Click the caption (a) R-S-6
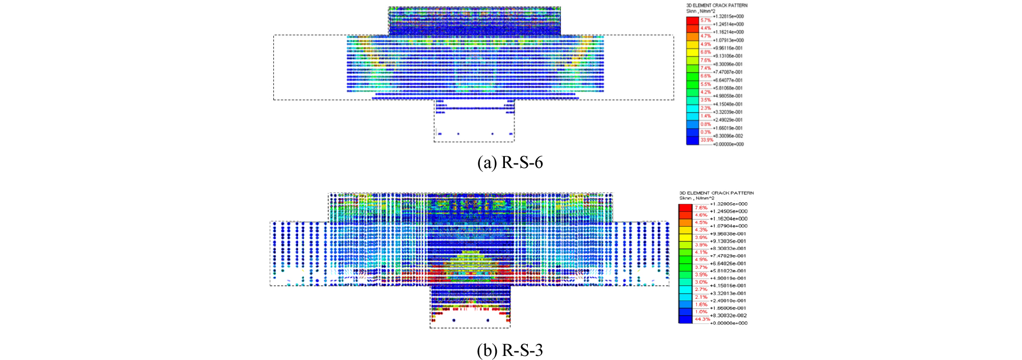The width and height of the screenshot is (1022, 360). tap(510, 163)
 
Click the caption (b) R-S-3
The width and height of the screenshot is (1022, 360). tap(510, 350)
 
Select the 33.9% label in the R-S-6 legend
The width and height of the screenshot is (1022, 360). tap(706, 140)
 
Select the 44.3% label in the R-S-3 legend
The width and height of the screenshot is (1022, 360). tap(702, 319)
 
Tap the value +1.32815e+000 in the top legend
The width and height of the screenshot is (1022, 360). tap(728, 16)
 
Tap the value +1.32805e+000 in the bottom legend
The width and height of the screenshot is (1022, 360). tap(729, 204)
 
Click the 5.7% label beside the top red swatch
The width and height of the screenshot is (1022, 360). tap(705, 20)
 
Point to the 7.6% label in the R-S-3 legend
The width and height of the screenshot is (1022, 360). tap(701, 208)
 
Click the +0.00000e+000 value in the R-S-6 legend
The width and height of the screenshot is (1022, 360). tap(728, 144)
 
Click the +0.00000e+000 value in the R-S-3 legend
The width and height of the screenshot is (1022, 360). tap(729, 323)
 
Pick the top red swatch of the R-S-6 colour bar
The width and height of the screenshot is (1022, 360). tap(692, 20)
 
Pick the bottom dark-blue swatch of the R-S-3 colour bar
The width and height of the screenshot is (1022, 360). tap(685, 319)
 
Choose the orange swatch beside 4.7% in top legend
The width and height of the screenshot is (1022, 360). tap(692, 37)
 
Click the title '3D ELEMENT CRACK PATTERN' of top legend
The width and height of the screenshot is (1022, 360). tap(717, 6)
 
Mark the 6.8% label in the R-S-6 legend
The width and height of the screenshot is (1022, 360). tap(705, 52)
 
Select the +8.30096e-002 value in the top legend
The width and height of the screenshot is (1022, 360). tap(728, 136)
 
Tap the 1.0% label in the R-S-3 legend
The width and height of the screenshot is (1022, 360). tap(701, 312)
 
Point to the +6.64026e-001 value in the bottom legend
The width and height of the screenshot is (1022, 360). tap(729, 263)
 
